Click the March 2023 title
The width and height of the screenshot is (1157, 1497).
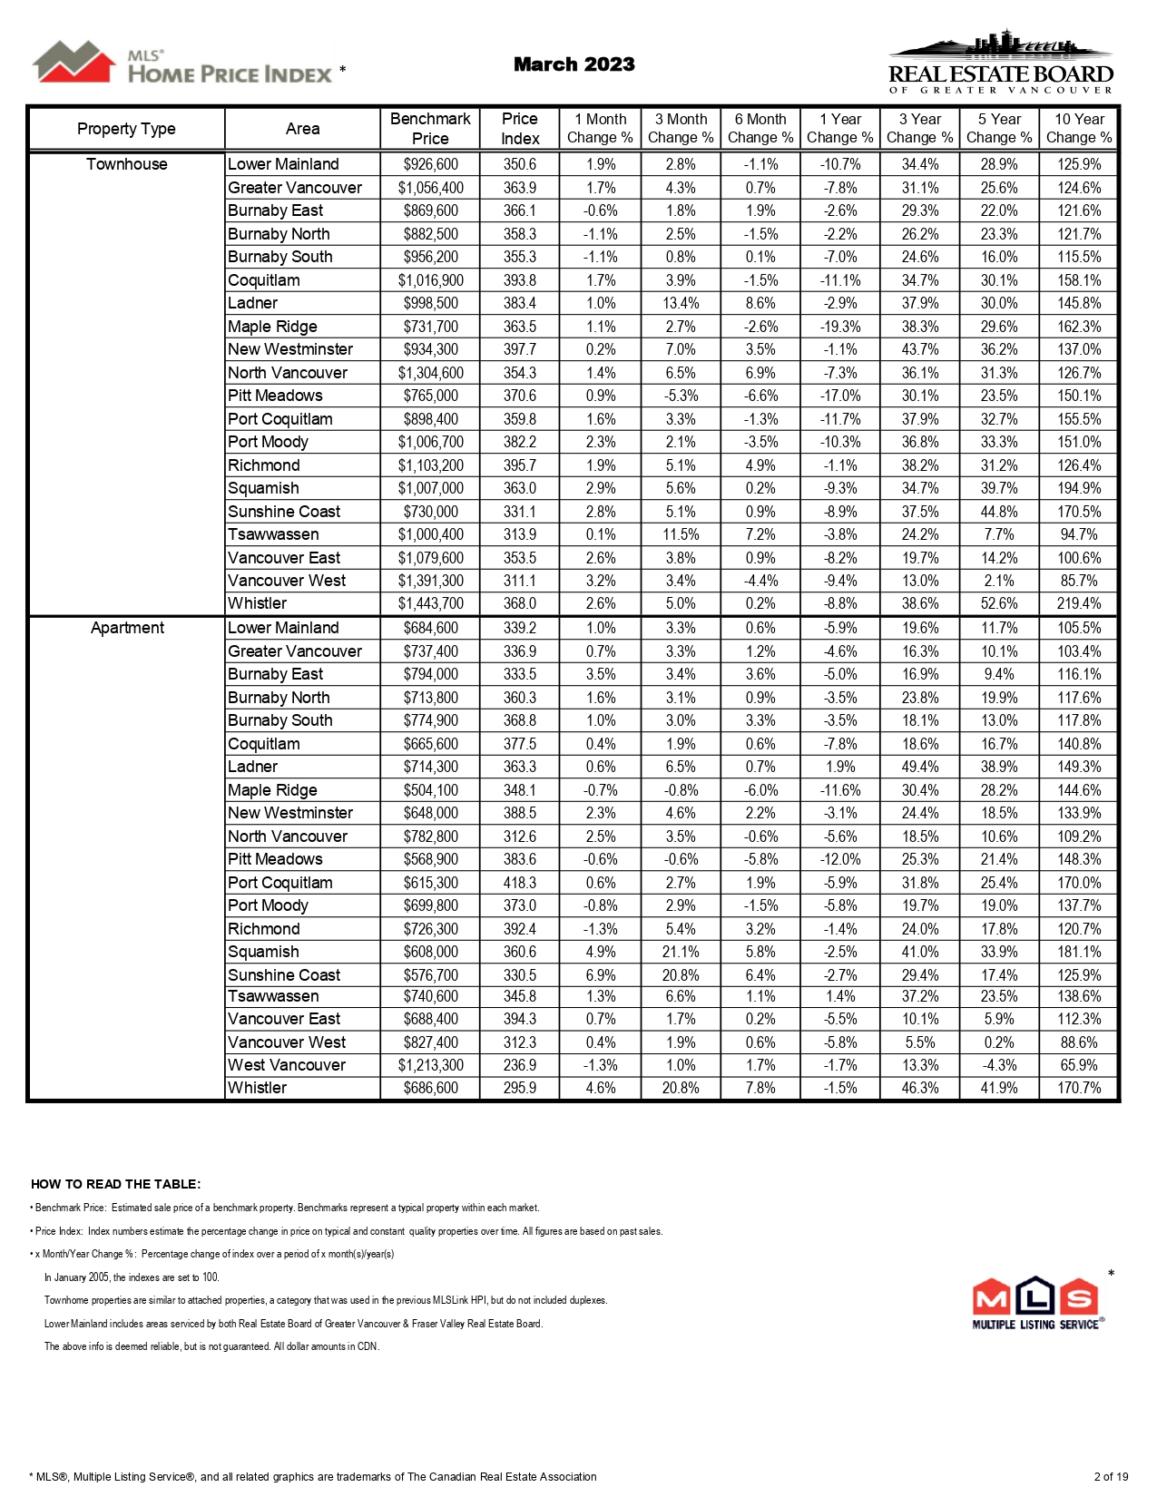[574, 64]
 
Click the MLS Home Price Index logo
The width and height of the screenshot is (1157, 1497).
[186, 64]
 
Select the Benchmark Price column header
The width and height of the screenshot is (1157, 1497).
[430, 129]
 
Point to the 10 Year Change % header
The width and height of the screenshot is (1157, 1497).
[1079, 129]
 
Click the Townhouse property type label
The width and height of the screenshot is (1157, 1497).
[126, 164]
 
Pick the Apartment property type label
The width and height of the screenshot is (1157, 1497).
[127, 628]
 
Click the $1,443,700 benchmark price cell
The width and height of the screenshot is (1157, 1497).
[430, 604]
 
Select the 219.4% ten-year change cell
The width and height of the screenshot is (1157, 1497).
[1079, 604]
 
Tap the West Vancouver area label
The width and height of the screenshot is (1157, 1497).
[287, 1065]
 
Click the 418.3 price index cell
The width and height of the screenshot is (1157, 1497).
[520, 883]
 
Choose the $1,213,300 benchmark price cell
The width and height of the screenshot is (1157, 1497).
[430, 1065]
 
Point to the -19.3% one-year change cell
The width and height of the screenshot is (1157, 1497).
[840, 327]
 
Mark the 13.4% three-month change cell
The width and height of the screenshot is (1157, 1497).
[681, 303]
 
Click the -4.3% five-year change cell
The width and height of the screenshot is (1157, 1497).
[999, 1065]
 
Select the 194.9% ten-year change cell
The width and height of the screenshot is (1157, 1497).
[1079, 488]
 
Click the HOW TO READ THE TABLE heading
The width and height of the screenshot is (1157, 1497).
[116, 1184]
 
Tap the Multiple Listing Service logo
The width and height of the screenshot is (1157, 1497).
[1036, 1303]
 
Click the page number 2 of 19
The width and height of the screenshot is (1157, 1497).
[1111, 1477]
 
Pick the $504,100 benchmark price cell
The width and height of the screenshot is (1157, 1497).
[430, 790]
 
